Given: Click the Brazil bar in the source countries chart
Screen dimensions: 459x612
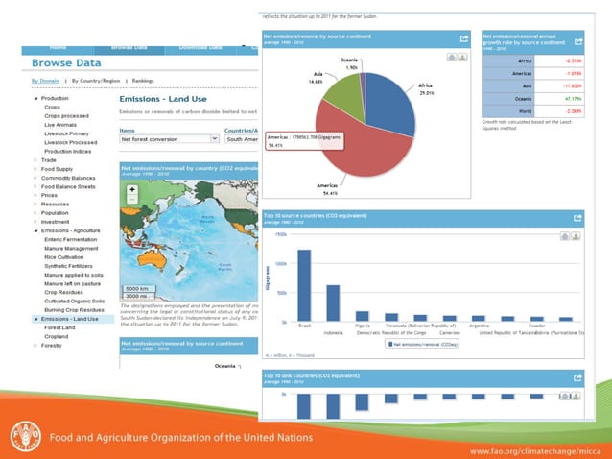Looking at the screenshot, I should point(305,286).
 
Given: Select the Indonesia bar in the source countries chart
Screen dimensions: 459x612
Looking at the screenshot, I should point(334,303).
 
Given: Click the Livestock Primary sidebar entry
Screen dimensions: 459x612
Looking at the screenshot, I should point(64,133).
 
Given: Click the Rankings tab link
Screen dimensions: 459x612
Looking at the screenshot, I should point(144,82).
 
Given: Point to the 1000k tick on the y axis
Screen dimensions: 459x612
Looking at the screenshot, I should point(280,262).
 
